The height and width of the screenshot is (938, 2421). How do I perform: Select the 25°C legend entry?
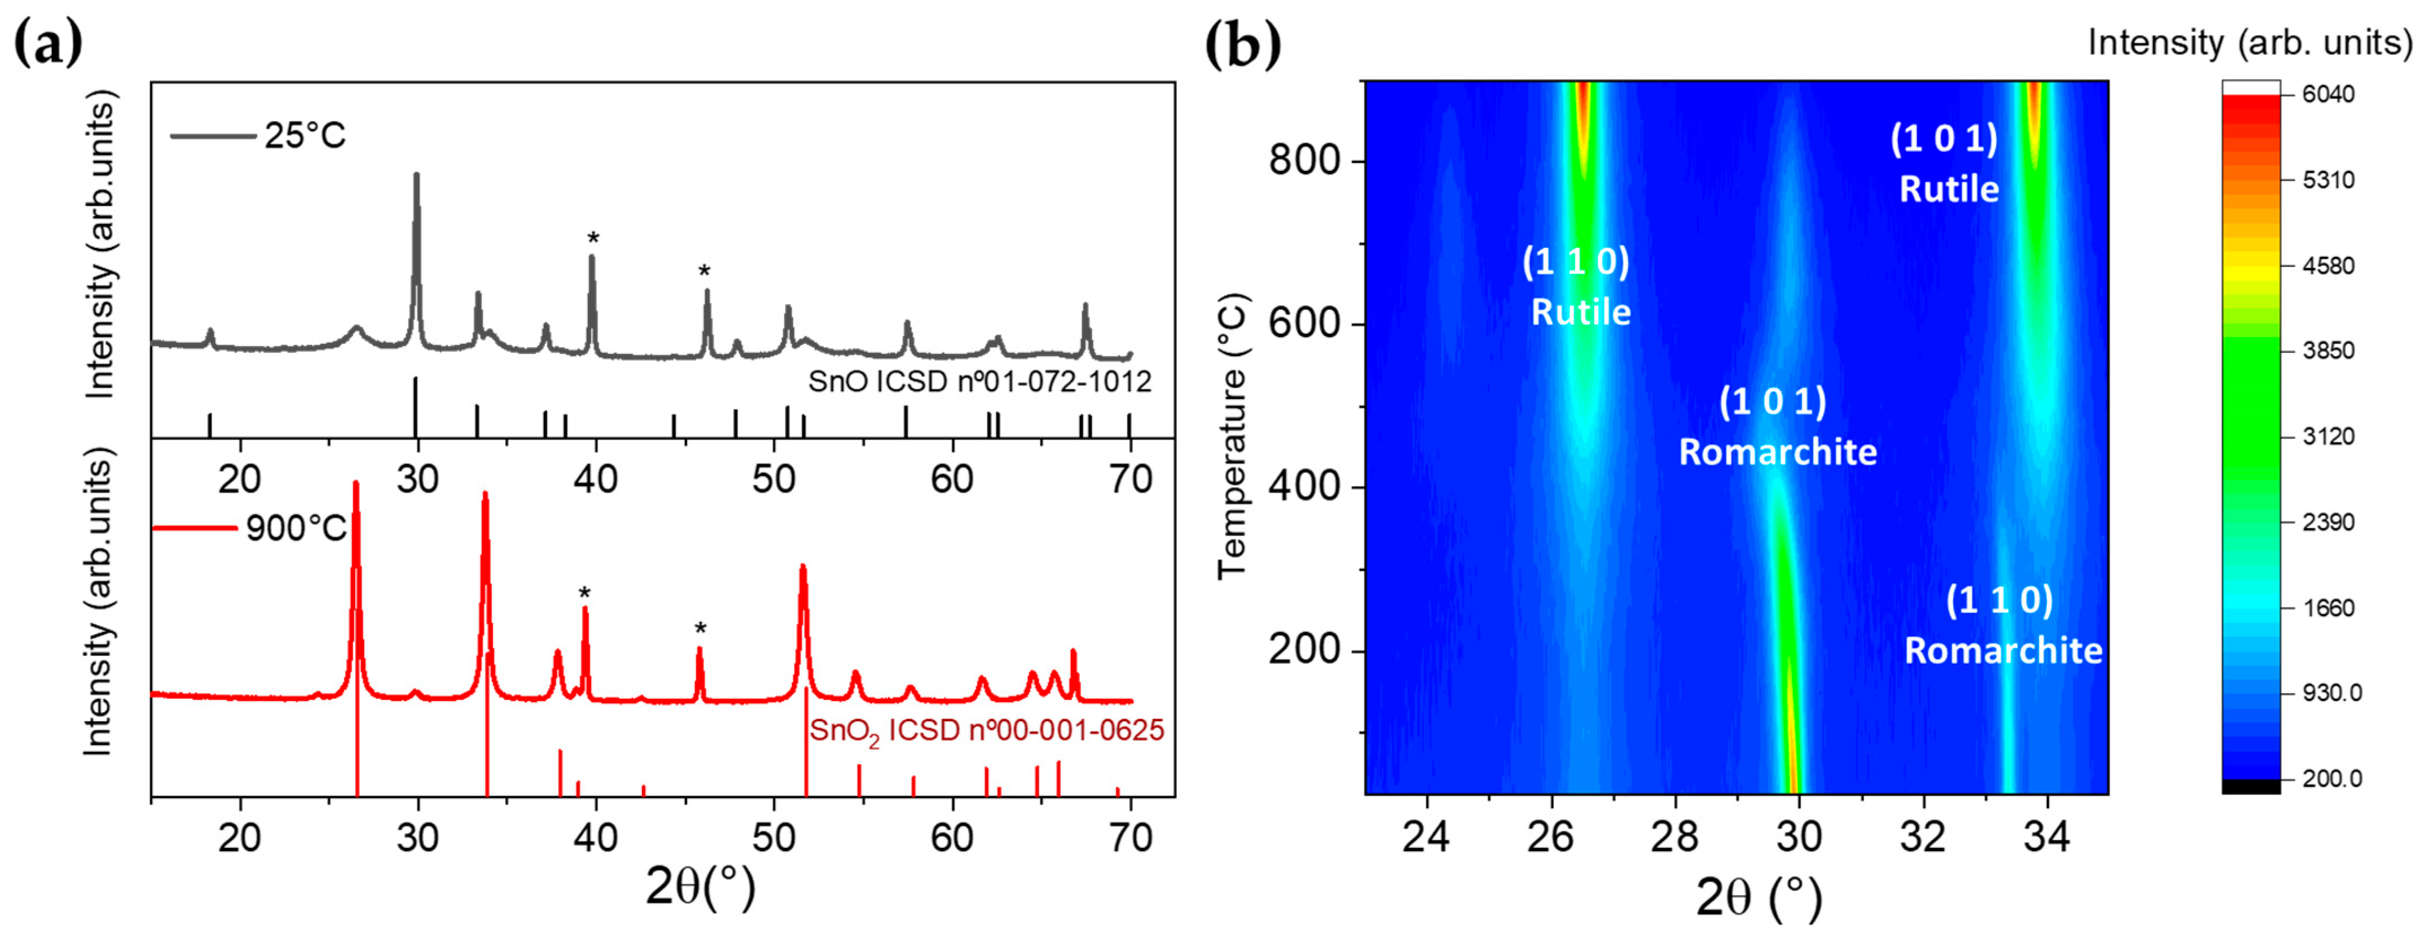click(258, 136)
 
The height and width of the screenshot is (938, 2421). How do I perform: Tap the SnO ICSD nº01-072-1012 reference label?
click(979, 382)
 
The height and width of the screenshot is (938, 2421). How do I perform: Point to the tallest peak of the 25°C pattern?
click(416, 176)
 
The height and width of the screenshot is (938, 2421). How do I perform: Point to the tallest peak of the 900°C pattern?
click(355, 485)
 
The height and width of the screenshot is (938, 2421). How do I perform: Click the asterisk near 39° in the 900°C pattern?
click(585, 594)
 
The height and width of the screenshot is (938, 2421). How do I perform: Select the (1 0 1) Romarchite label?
click(1777, 428)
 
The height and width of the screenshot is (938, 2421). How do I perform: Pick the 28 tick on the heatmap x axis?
click(1675, 835)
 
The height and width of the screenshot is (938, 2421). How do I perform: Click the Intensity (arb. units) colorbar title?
click(2249, 42)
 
